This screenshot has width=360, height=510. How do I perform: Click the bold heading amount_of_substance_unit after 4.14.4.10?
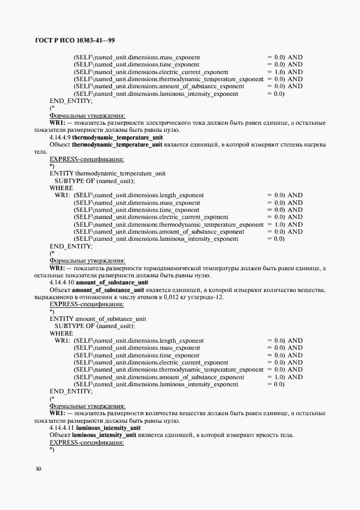(x=112, y=283)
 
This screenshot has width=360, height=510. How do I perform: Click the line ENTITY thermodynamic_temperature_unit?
(x=107, y=173)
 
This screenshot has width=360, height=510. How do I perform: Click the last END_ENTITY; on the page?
(x=71, y=391)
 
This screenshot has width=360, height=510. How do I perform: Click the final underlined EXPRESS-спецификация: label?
(x=87, y=442)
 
